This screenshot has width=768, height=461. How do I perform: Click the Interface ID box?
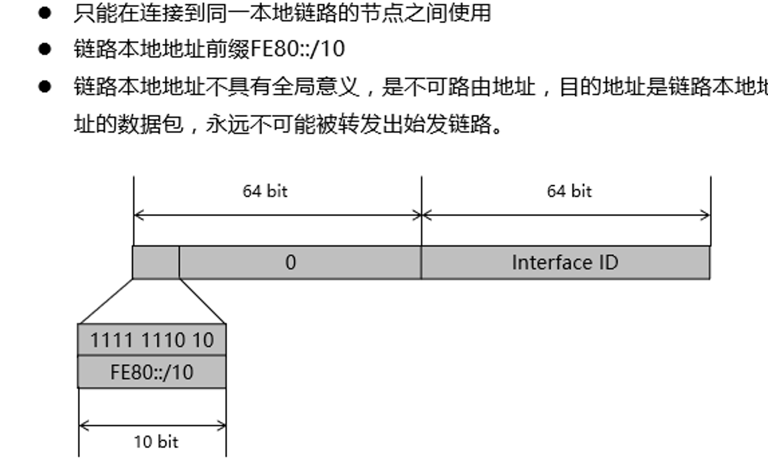[x=565, y=262]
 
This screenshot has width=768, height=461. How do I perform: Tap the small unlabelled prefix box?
[x=156, y=262]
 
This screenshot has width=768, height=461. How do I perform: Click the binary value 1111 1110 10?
[x=152, y=340]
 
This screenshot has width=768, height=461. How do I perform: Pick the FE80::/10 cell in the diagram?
[x=152, y=372]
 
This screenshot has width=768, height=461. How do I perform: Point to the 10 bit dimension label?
[x=156, y=441]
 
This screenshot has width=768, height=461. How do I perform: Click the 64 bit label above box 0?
[x=265, y=191]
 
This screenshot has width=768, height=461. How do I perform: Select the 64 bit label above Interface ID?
[x=569, y=191]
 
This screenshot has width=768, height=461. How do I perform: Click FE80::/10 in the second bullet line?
[x=298, y=49]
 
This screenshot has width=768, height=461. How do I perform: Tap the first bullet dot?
[x=45, y=13]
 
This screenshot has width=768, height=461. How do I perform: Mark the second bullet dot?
[x=45, y=49]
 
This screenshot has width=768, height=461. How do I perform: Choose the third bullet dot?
[x=45, y=86]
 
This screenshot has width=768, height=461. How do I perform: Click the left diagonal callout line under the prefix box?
[x=105, y=301]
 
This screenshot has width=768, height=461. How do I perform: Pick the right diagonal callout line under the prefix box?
[x=202, y=301]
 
